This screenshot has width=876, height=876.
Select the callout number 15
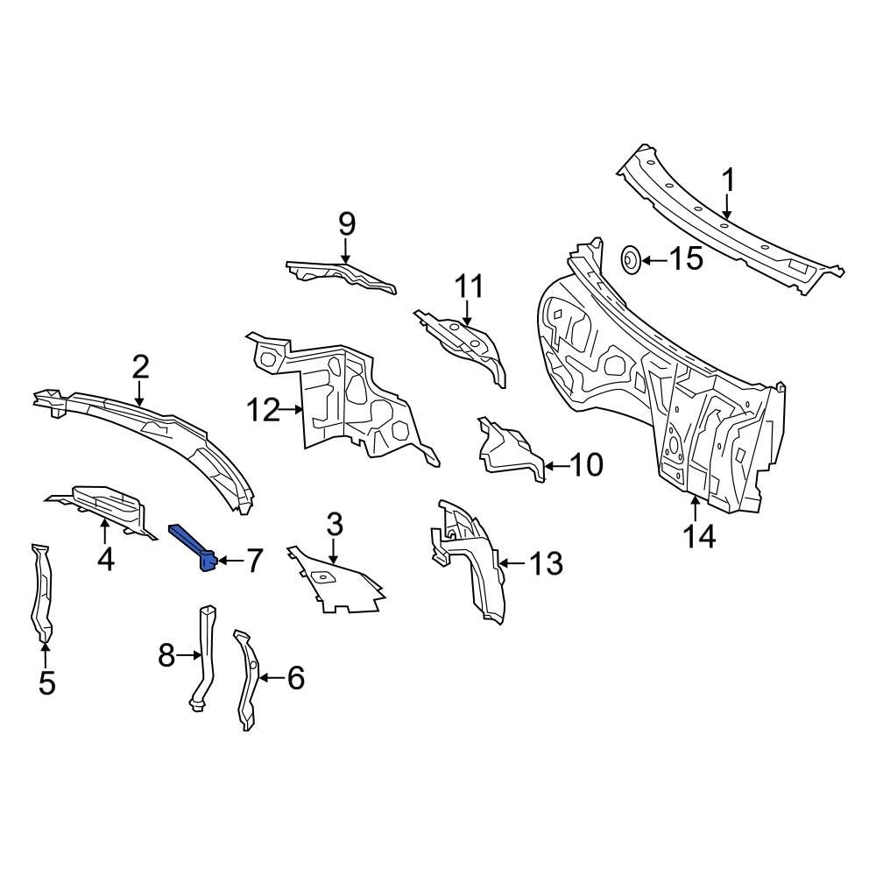tap(686, 258)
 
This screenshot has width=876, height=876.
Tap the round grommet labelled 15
tap(630, 258)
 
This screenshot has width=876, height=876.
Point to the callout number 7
tap(253, 561)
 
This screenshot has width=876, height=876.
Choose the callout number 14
tap(700, 535)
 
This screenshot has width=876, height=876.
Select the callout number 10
tap(586, 465)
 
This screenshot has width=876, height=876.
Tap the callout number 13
tap(546, 563)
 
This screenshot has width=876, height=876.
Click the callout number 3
tap(334, 526)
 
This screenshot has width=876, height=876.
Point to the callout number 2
tap(140, 367)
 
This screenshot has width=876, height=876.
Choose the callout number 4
tap(105, 558)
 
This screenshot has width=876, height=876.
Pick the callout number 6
tap(295, 677)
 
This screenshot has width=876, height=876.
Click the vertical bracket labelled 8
tap(205, 653)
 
